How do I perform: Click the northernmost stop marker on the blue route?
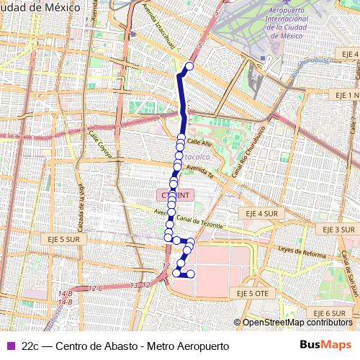pos(190,67)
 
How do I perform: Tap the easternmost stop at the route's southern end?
pos(191,274)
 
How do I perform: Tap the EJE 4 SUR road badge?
pos(260,214)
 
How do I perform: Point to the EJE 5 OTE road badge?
pos(247,294)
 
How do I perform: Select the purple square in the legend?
pos(9,346)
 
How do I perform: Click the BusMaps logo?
pos(325,345)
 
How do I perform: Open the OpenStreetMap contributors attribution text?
pos(297,323)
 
